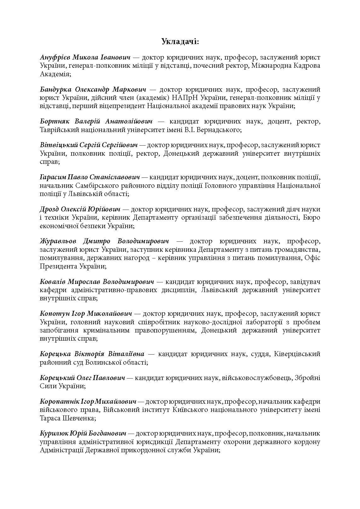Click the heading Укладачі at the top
tap(180, 42)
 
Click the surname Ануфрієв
tap(55, 58)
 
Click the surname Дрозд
tap(49, 209)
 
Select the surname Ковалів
tap(53, 282)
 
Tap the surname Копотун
tap(52, 314)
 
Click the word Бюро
tap(312, 217)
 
